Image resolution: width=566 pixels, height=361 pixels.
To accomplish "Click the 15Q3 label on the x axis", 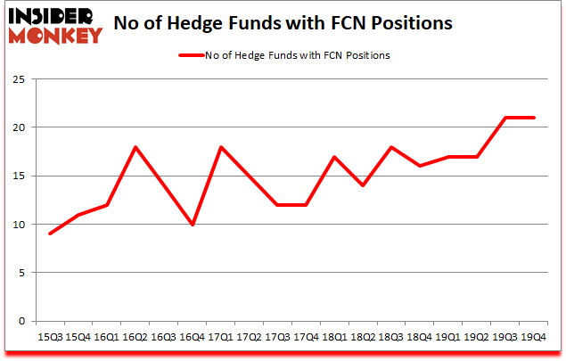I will coord(49,338).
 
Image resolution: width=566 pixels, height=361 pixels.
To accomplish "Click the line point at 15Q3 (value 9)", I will coord(50,234).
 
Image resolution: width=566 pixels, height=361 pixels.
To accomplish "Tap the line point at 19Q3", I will coord(506,118).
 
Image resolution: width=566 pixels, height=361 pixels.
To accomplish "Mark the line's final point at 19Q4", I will coord(533,118).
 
